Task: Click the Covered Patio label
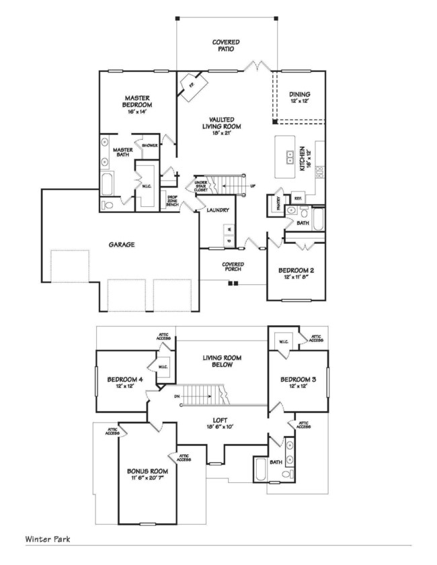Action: pyautogui.click(x=225, y=46)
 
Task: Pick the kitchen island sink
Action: pyautogui.click(x=290, y=159)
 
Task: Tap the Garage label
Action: pyautogui.click(x=123, y=245)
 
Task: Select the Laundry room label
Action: pyautogui.click(x=218, y=210)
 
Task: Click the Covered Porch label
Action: pyautogui.click(x=233, y=267)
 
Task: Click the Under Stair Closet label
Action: pyautogui.click(x=200, y=185)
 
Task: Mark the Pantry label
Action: pyautogui.click(x=276, y=198)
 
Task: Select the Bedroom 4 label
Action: pyautogui.click(x=124, y=380)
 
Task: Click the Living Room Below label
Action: pyautogui.click(x=222, y=361)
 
